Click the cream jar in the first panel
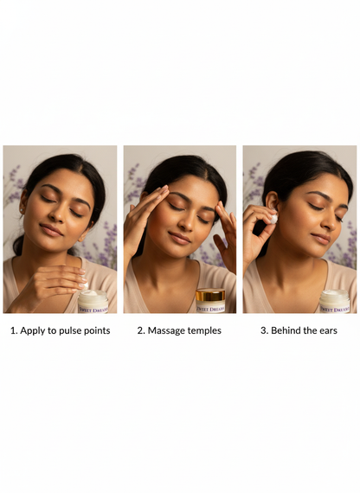(93, 301)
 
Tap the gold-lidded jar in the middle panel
(210, 300)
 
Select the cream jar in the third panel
(334, 301)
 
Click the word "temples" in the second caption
(204, 330)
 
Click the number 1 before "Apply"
(13, 330)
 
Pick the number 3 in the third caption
(263, 330)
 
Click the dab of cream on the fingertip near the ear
(273, 220)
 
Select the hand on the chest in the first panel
(57, 281)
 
